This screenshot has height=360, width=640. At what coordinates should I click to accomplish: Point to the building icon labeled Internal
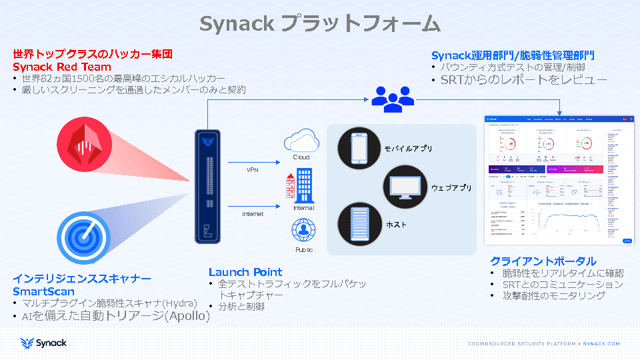[x=302, y=186]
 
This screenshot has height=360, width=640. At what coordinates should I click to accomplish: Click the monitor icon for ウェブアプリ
[x=405, y=185]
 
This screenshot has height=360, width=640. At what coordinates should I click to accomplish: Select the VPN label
[x=252, y=170]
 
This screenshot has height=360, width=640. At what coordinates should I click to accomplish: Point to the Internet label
[x=252, y=214]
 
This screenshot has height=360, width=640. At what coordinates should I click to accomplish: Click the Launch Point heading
[x=245, y=272]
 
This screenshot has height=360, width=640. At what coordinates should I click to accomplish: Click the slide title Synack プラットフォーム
[x=320, y=24]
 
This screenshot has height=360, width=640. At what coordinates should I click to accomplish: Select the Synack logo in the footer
[x=43, y=343]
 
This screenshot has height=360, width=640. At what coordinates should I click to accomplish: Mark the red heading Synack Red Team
[x=61, y=67]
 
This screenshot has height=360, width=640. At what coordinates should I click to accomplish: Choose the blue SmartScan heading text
[x=43, y=291]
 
